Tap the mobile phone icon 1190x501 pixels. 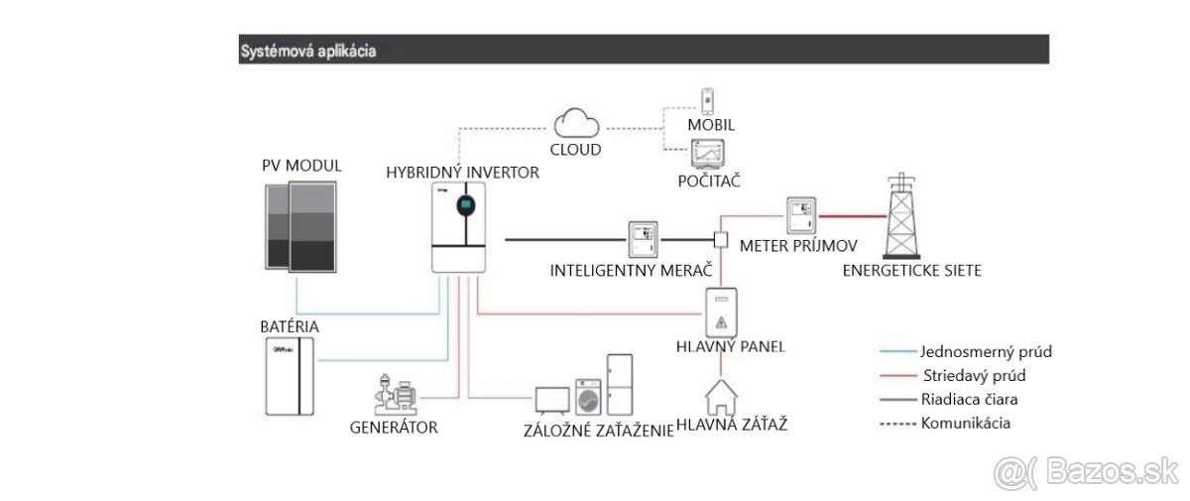(x=708, y=101)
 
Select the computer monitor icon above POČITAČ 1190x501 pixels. (x=708, y=154)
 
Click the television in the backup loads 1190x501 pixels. (x=552, y=399)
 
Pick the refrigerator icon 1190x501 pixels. (x=619, y=383)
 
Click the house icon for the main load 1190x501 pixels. (x=724, y=398)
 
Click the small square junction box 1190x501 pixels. (x=722, y=240)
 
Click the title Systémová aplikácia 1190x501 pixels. (x=307, y=51)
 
